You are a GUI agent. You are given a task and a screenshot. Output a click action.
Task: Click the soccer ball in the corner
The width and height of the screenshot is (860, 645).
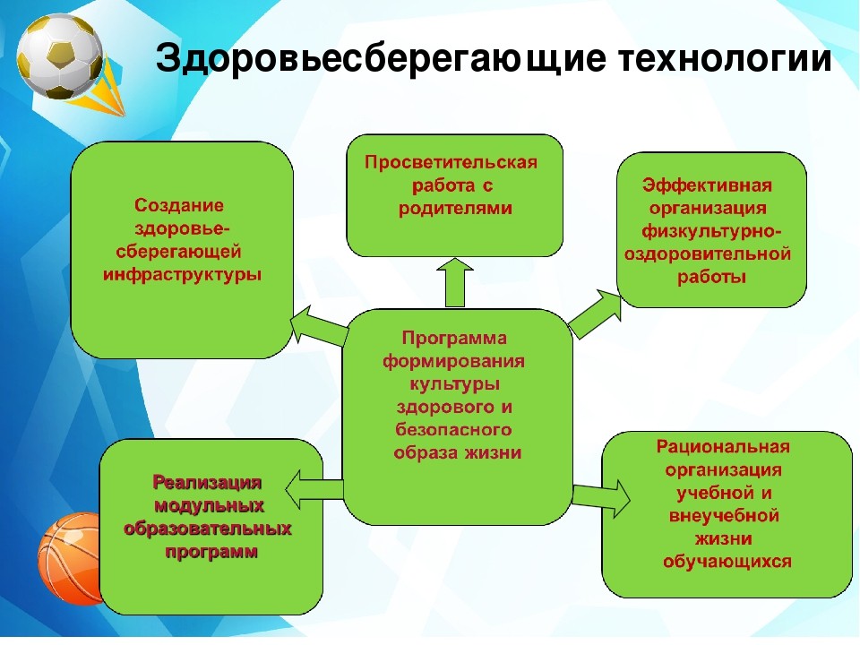tap(59, 56)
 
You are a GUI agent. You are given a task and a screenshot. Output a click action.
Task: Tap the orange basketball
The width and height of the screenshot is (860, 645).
tap(70, 558)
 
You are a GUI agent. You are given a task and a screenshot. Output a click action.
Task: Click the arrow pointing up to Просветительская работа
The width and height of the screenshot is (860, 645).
tap(455, 282)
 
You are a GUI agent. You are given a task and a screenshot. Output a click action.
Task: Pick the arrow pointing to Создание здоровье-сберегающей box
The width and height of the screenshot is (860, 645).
tap(318, 326)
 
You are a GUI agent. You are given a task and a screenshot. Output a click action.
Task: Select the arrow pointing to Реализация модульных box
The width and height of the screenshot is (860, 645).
tap(314, 489)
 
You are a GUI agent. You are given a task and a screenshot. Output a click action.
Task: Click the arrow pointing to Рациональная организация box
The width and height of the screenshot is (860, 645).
tap(602, 497)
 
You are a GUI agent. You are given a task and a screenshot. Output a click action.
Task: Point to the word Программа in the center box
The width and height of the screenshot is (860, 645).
tap(454, 338)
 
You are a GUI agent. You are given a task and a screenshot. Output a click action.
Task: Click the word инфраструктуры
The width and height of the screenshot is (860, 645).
tap(182, 274)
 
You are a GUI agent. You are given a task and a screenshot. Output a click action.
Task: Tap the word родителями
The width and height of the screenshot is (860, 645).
tap(455, 209)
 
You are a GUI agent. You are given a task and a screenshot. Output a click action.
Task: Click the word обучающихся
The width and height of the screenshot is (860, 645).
tap(727, 562)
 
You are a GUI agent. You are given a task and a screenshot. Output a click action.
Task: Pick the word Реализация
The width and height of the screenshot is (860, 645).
tap(207, 482)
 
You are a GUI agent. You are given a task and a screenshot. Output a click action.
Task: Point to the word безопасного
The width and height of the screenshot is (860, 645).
tap(453, 429)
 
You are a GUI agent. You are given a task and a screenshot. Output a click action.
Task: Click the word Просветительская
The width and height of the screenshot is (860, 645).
tap(451, 163)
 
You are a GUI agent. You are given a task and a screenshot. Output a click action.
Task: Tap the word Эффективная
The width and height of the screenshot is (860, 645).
tap(708, 185)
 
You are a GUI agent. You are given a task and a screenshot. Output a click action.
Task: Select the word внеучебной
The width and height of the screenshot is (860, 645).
tap(724, 516)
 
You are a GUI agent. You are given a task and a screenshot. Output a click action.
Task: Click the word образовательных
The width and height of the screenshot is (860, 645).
tap(207, 529)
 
